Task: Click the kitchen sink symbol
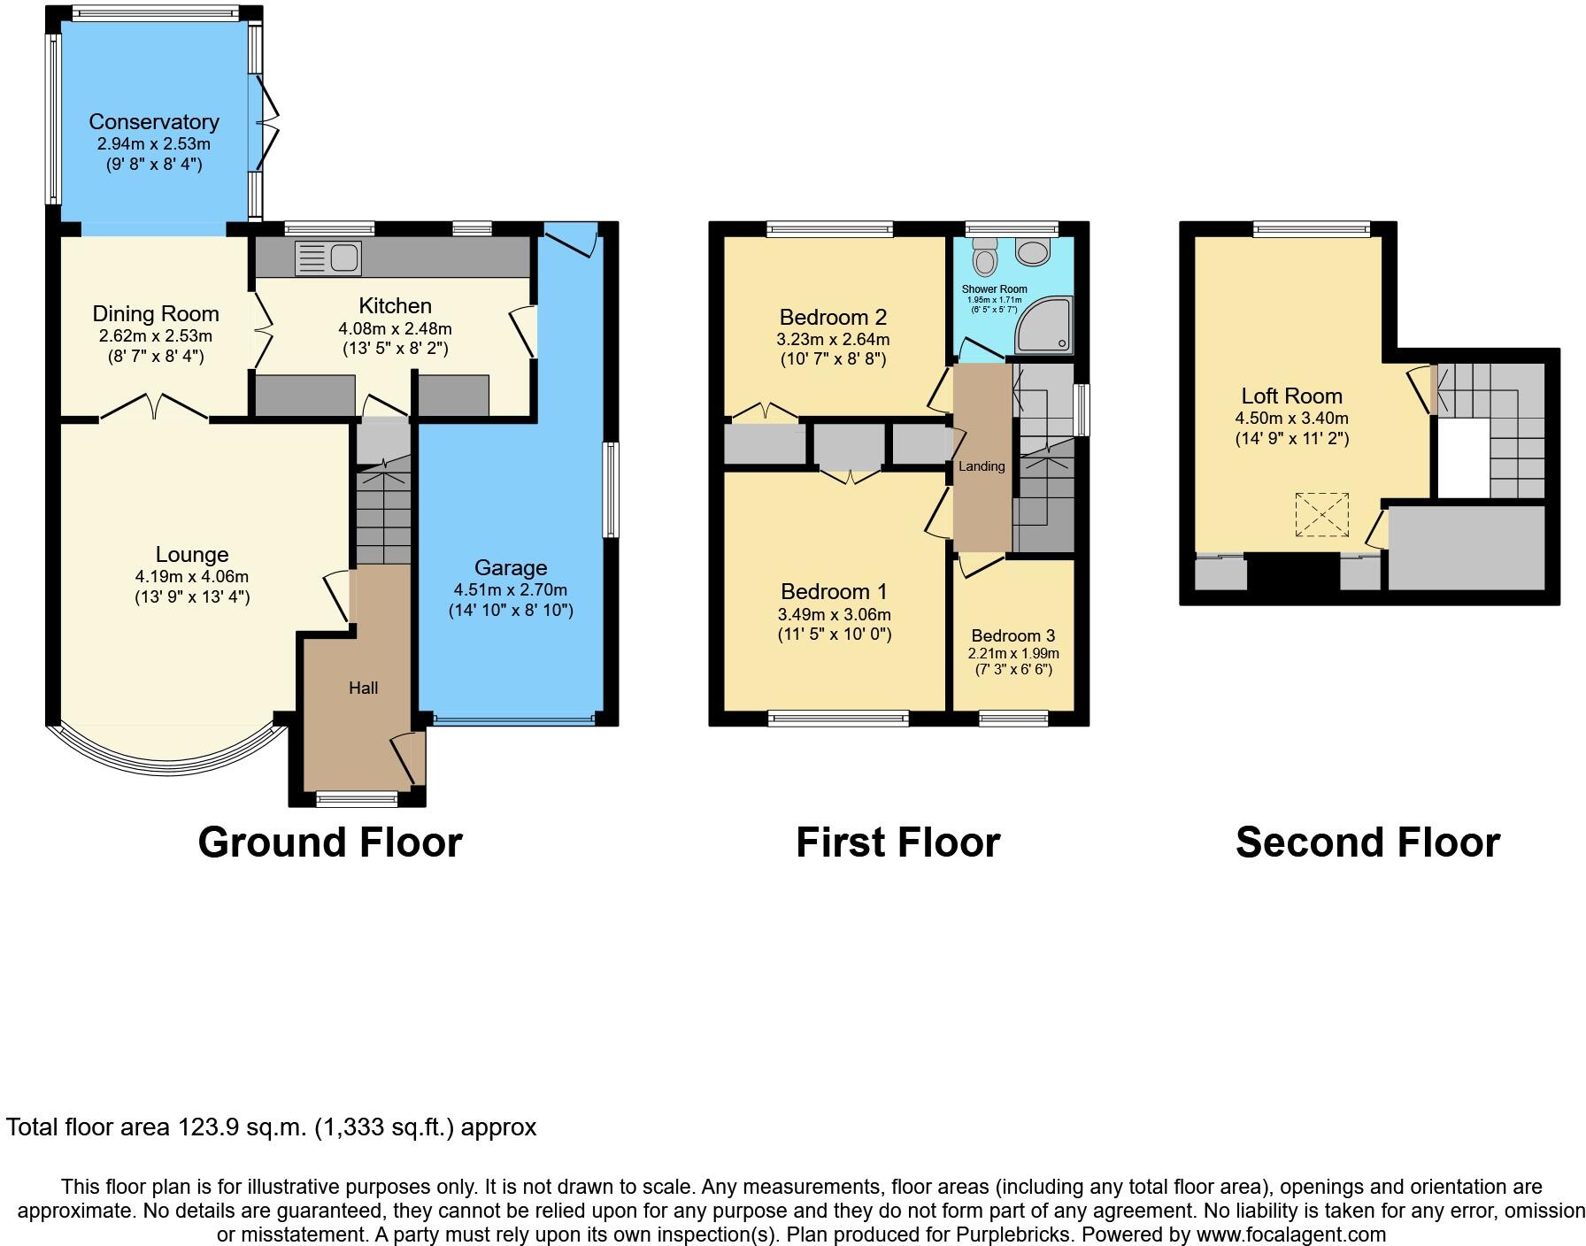click(x=328, y=258)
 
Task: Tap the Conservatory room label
click(x=154, y=121)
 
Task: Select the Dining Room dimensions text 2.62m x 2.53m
click(x=156, y=336)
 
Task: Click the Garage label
click(x=511, y=567)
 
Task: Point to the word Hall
click(x=364, y=688)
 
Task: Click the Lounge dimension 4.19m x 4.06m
click(x=192, y=576)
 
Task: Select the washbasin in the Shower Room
click(x=1031, y=252)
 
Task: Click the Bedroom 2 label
click(x=833, y=317)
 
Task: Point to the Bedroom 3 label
click(x=1013, y=635)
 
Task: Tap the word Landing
click(x=982, y=466)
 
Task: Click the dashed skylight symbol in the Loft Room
click(x=1321, y=514)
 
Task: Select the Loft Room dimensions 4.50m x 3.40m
click(x=1292, y=418)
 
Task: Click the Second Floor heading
click(x=1367, y=842)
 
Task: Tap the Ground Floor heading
click(x=330, y=842)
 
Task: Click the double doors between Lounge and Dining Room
click(x=154, y=408)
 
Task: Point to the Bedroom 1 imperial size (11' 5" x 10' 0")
click(x=835, y=634)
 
